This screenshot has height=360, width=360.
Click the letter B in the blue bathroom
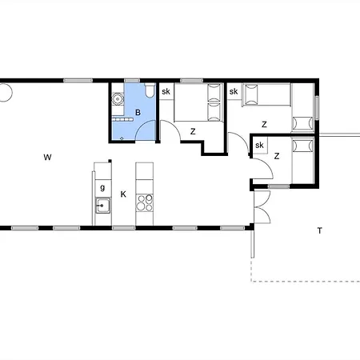click(138, 113)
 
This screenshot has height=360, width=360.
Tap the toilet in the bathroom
click(150, 90)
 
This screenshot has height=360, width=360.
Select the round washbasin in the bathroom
click(117, 99)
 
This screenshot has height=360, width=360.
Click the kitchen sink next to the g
click(102, 206)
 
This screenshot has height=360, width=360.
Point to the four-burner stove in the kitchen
click(144, 202)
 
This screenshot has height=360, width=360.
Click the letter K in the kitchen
click(123, 194)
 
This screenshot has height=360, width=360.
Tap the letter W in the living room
click(47, 158)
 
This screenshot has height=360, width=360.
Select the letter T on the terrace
click(320, 230)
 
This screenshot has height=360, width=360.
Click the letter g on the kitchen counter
click(102, 187)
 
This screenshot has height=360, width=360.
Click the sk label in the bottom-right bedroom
click(259, 145)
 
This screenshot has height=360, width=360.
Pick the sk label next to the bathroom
click(166, 91)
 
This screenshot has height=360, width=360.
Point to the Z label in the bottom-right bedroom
click(277, 156)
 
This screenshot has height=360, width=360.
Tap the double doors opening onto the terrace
click(262, 207)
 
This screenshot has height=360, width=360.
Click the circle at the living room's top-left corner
click(6, 93)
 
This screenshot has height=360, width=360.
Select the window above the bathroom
click(132, 80)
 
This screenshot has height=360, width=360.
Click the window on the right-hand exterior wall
click(317, 108)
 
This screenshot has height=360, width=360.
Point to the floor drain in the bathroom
click(122, 138)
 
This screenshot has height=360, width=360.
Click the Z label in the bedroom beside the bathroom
click(193, 131)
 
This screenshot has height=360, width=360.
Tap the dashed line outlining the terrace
click(306, 281)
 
